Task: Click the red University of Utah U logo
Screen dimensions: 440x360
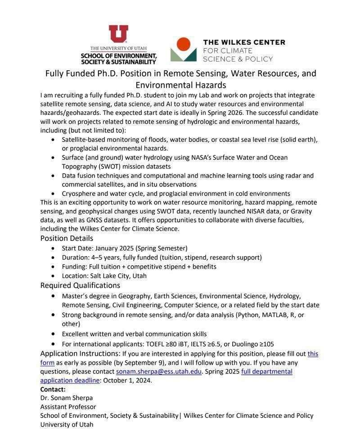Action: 118,34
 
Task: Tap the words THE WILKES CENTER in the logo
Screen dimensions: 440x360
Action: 244,42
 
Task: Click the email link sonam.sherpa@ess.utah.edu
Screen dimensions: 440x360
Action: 159,372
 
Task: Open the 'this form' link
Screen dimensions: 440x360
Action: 313,354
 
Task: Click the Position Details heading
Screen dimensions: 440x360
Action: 67,238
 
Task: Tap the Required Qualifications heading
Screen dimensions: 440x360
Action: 80,286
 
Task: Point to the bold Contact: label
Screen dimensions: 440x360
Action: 53,389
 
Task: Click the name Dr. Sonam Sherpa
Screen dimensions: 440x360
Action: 67,398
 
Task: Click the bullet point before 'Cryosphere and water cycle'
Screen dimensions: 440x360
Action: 53,194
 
